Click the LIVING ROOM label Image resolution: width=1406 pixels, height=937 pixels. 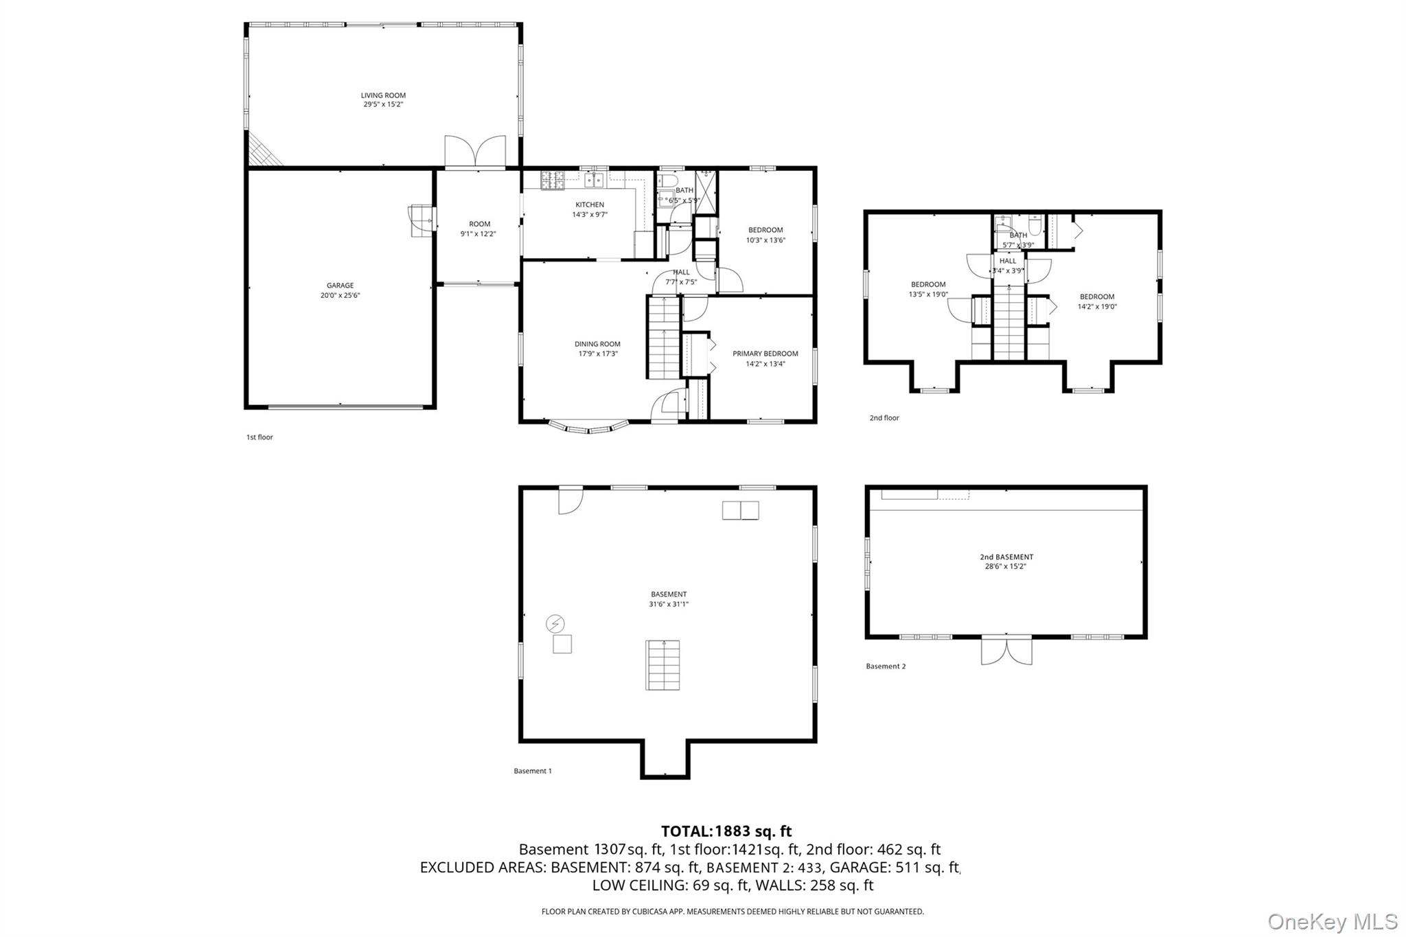(383, 95)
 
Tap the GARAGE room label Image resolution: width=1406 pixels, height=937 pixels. (340, 286)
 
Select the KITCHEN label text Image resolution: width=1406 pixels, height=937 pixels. (590, 205)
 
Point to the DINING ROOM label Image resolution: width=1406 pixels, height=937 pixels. (597, 344)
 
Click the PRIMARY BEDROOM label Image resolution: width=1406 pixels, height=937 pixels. (765, 354)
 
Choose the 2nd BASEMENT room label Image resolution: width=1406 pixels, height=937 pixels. (1006, 557)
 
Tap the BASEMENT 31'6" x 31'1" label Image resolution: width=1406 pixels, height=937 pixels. (669, 599)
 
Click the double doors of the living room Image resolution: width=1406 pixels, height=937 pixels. (475, 152)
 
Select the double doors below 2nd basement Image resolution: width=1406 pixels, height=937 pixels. (1006, 651)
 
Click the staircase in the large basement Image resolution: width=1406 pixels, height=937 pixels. (662, 665)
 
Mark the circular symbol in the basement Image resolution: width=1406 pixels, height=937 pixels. (555, 624)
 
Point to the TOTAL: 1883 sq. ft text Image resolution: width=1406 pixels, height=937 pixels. (726, 832)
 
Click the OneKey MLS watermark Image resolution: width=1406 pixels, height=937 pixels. (1333, 921)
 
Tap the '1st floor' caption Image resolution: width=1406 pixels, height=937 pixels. (260, 437)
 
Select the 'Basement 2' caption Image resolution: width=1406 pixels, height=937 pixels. (886, 667)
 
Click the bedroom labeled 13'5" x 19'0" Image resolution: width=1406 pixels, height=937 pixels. (928, 289)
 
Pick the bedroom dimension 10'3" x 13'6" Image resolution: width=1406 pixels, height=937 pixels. (765, 240)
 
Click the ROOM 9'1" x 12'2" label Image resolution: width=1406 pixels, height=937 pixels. (479, 229)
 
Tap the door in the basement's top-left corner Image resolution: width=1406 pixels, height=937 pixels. (571, 500)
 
